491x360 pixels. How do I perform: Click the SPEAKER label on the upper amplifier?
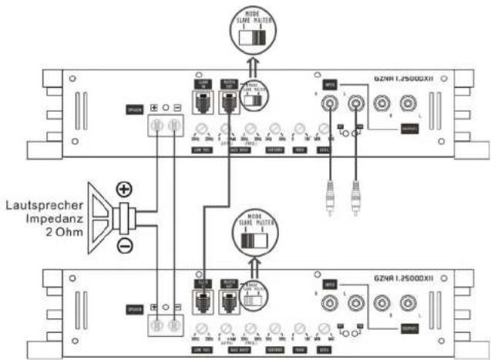[x=135, y=111]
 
